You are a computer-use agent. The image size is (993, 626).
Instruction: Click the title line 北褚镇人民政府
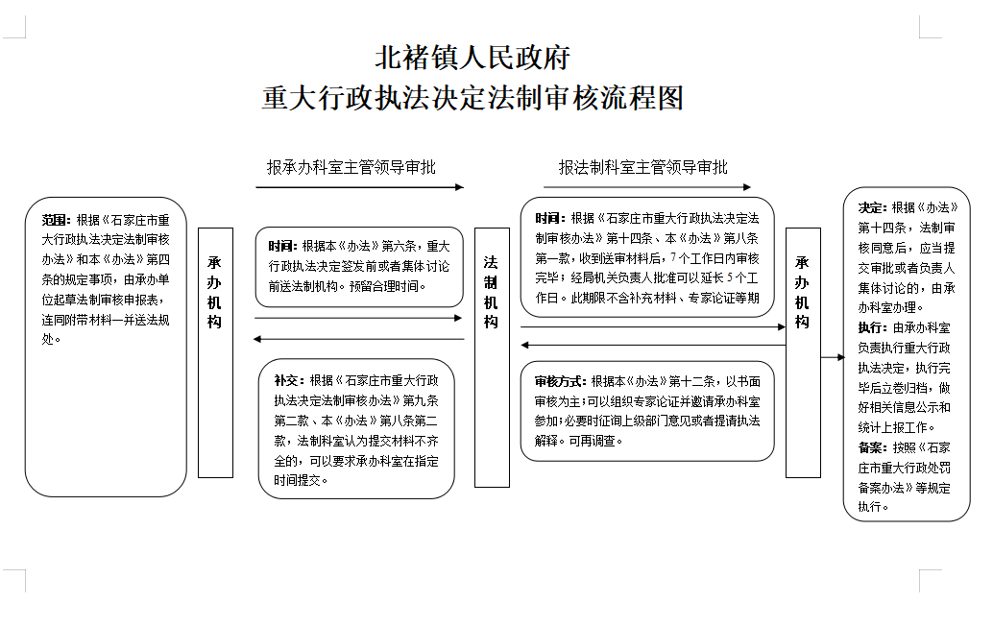tap(472, 58)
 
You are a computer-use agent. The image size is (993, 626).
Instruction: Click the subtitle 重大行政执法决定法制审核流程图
tap(472, 98)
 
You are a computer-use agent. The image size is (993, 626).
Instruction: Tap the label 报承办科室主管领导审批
tap(351, 167)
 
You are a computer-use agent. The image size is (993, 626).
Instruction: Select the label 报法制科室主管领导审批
tap(642, 167)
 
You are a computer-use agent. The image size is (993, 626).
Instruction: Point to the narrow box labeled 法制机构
tap(492, 357)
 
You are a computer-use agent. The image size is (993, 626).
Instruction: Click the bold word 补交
tap(286, 380)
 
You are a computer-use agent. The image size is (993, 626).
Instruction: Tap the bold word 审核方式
tap(558, 382)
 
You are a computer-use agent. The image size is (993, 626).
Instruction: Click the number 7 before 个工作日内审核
tap(673, 258)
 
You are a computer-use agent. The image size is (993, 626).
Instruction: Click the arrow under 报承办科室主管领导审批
tap(360, 187)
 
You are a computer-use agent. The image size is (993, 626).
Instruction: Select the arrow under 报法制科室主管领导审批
tap(647, 187)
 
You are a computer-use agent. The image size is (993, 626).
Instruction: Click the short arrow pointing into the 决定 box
tap(833, 357)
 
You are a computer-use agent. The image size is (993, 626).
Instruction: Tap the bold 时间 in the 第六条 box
tap(280, 246)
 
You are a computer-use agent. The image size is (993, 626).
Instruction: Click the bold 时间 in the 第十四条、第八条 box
tap(547, 218)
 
